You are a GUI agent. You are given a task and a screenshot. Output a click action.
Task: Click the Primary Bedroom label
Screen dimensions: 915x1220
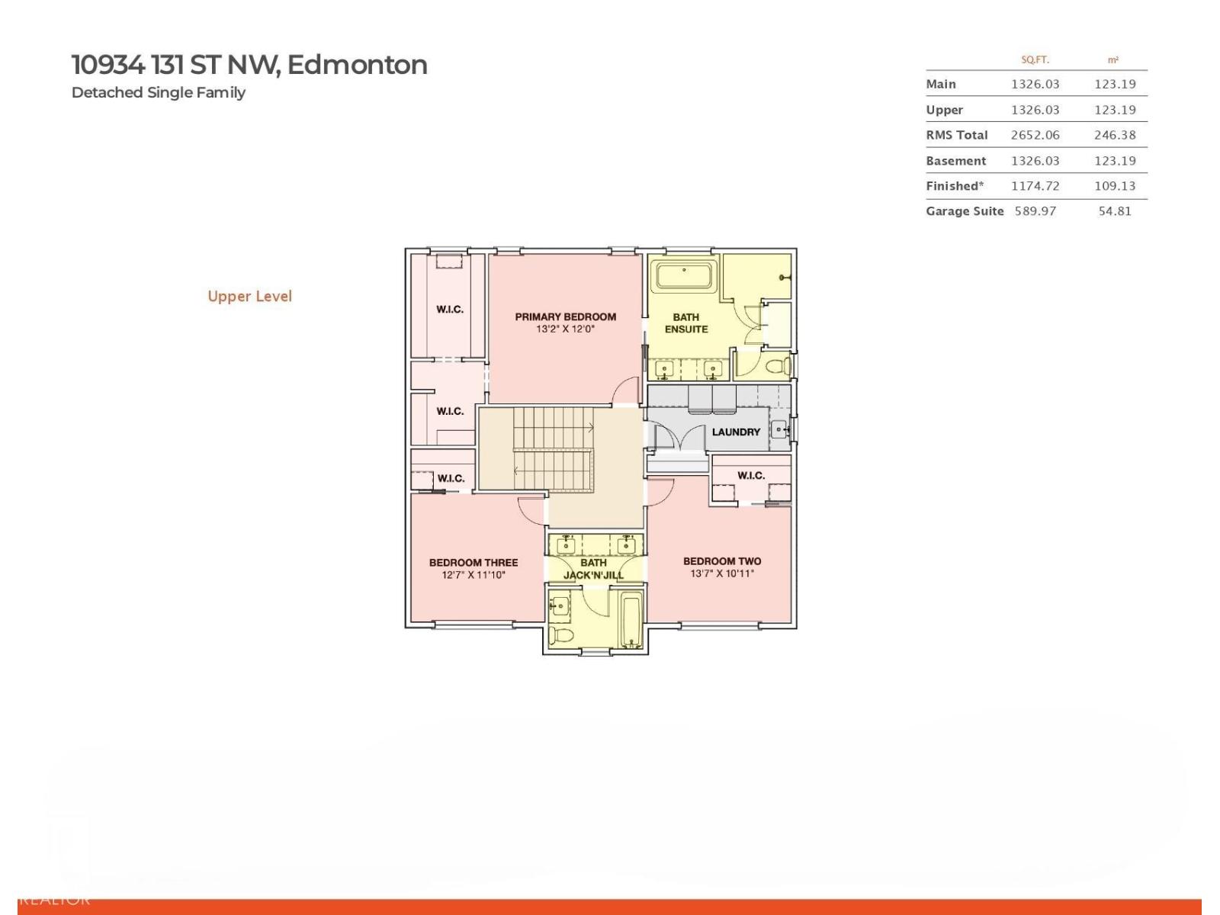tap(565, 316)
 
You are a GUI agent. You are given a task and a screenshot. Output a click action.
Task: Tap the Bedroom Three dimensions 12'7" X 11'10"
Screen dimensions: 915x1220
tap(473, 575)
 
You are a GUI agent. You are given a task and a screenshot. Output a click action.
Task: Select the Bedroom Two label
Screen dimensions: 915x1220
tap(721, 561)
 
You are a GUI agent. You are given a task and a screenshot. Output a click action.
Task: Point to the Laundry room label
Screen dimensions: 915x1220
tap(736, 432)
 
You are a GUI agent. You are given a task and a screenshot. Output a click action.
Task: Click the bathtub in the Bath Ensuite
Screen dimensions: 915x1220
tap(685, 275)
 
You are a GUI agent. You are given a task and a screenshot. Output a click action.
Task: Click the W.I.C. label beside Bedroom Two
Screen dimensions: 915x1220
tap(750, 475)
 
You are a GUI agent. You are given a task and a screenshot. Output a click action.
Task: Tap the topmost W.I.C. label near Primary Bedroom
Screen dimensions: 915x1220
tap(449, 309)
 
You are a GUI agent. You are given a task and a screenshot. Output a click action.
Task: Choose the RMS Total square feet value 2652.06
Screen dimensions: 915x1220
tap(1035, 135)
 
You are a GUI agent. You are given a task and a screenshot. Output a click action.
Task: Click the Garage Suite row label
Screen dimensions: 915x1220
tap(964, 211)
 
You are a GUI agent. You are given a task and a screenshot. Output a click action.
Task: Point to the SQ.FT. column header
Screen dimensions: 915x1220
tap(1035, 59)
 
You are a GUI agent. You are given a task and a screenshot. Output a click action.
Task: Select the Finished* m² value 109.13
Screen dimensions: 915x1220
tap(1114, 186)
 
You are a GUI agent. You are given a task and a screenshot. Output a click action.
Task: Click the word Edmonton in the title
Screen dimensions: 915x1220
tap(357, 65)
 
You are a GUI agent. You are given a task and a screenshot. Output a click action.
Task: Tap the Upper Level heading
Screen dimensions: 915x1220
tap(249, 296)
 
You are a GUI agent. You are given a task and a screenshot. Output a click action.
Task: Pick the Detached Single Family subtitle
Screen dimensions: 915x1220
tap(158, 92)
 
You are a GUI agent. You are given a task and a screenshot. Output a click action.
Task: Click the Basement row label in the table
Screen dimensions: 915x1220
tap(955, 161)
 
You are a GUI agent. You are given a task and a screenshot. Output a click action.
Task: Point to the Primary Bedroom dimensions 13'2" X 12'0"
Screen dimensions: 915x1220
tap(565, 329)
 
